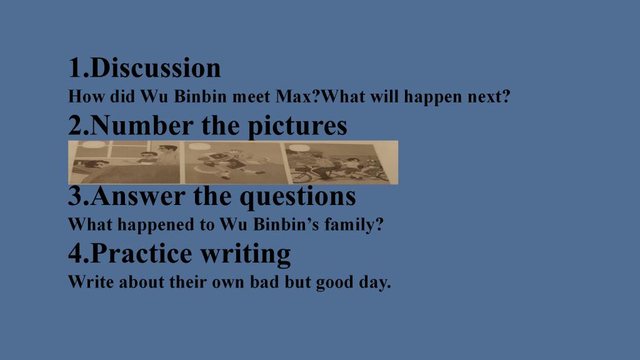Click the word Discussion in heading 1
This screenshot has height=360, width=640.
(x=156, y=67)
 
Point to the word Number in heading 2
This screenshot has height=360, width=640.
(x=141, y=125)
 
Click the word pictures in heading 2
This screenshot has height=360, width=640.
(x=297, y=126)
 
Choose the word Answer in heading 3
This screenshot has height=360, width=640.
(x=138, y=196)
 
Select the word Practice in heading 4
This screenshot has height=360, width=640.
(x=141, y=253)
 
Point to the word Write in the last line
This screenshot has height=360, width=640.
(x=91, y=282)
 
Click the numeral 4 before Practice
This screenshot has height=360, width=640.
(x=76, y=253)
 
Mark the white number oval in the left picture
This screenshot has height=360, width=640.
(x=94, y=144)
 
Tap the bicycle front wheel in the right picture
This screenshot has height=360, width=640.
(x=300, y=176)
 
